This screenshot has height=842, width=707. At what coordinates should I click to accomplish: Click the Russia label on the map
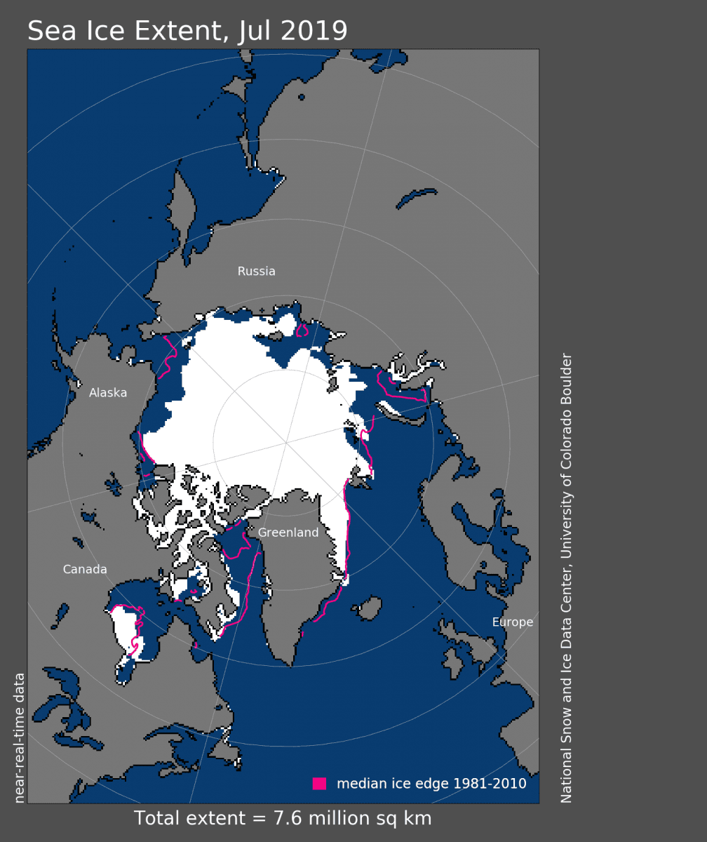(x=256, y=272)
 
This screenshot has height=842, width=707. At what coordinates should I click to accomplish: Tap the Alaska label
(x=108, y=393)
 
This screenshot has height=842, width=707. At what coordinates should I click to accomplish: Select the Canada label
(x=85, y=570)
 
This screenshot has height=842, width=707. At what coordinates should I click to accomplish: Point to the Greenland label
(x=288, y=533)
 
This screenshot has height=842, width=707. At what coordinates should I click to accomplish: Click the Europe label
(x=512, y=622)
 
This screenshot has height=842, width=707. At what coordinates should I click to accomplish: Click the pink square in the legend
(x=320, y=784)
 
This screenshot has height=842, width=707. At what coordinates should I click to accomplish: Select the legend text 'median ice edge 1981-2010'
(x=431, y=784)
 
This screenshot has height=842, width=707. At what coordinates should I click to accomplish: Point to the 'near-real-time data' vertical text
(x=20, y=737)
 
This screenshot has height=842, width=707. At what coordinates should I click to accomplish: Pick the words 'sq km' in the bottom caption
(x=407, y=819)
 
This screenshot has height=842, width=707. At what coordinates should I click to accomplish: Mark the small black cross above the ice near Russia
(x=262, y=309)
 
